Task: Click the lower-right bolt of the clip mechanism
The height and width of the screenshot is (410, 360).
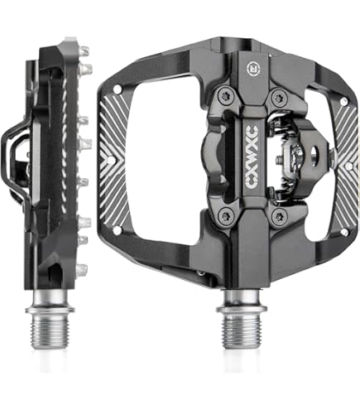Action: tap(279, 216)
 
